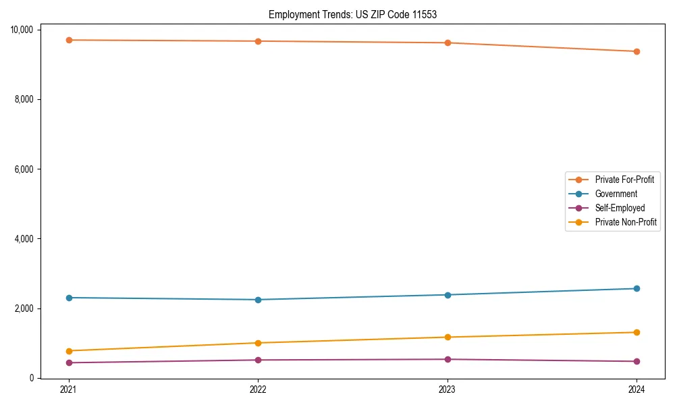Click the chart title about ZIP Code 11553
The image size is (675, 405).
352,14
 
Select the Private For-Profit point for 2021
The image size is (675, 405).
69,40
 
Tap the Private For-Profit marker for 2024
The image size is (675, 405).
637,51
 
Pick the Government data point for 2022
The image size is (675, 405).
258,300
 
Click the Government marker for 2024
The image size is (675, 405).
637,288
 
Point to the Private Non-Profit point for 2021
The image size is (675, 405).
69,351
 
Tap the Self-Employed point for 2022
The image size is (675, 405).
258,360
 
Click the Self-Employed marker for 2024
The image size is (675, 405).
637,361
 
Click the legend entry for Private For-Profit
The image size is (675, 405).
624,180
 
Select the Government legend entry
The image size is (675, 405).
616,194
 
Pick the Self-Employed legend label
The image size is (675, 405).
620,208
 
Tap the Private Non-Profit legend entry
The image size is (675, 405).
626,222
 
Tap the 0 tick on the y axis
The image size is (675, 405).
32,378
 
